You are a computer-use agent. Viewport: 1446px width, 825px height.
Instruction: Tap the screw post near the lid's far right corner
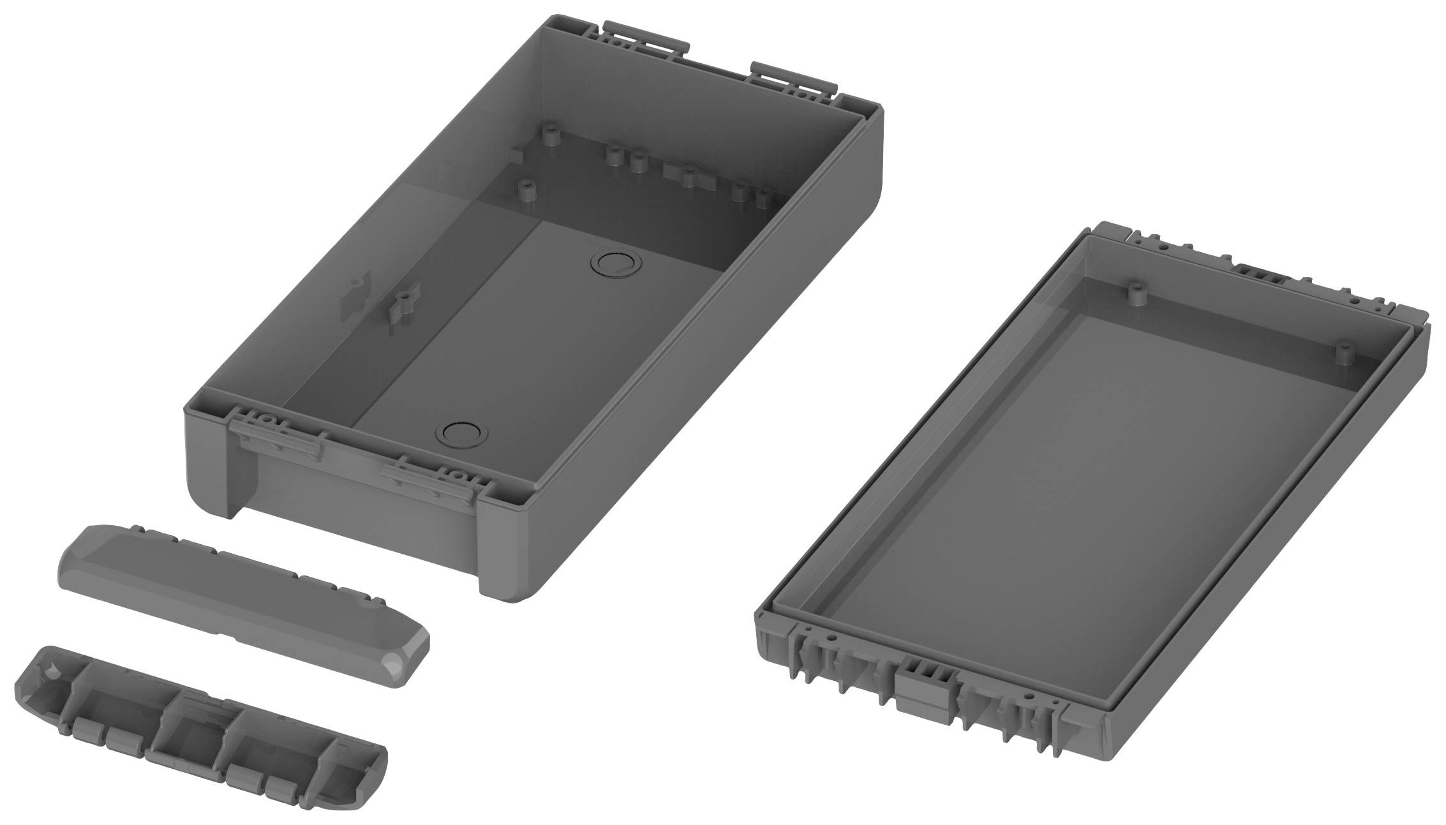[x=1343, y=353]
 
